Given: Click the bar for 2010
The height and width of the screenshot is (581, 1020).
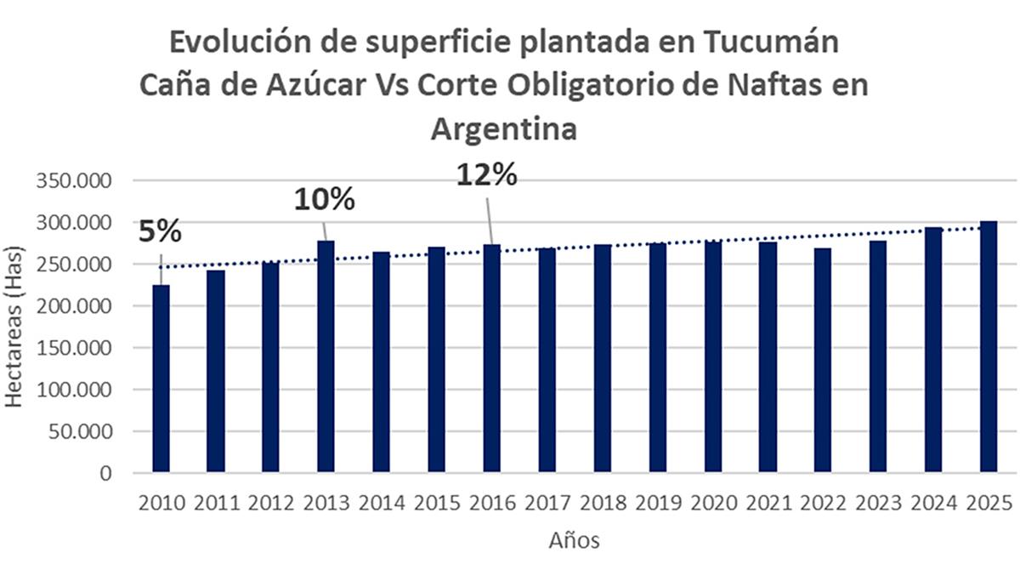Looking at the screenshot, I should [161, 379].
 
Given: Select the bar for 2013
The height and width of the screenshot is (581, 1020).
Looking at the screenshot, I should [326, 356].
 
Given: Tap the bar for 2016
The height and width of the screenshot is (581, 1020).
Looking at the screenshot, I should [491, 358].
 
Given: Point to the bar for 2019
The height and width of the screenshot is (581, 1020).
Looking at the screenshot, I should [657, 357].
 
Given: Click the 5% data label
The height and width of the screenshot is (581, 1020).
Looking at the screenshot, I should [160, 232].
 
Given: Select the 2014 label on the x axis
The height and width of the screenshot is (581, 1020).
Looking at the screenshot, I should [381, 504].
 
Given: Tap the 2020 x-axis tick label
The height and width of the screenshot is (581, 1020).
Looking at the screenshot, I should [712, 504].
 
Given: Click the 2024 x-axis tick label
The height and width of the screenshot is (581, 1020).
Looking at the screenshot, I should [932, 504].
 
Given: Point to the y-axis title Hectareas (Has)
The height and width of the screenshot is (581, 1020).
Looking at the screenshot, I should [16, 328].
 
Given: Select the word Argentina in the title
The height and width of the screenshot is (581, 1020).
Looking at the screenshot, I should [504, 129].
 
